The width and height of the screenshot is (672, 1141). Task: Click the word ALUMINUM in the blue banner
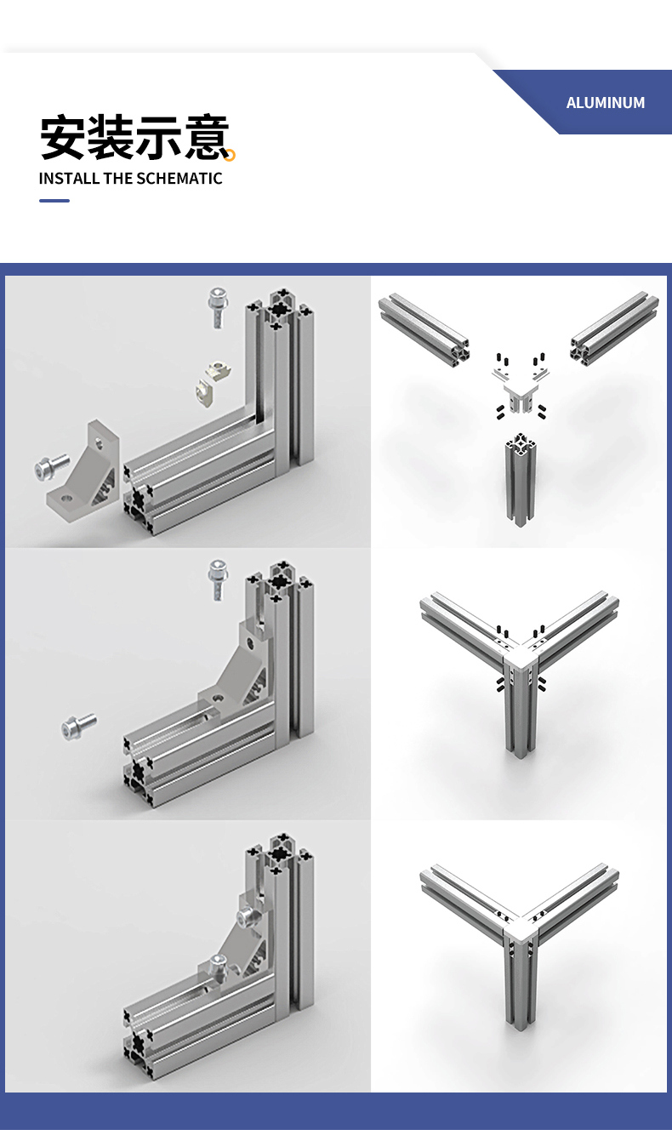pos(606,102)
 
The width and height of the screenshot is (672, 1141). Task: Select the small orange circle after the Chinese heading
pos(230,154)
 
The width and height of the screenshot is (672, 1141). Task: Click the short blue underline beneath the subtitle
pos(54,201)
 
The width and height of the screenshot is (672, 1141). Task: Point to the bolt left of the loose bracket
pos(51,466)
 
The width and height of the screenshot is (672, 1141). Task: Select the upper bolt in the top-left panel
pos(218,306)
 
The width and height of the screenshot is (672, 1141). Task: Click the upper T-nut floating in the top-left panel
pos(219,369)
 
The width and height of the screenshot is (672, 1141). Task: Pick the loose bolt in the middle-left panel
pos(79,726)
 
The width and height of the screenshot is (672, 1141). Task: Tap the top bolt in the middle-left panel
pos(218,579)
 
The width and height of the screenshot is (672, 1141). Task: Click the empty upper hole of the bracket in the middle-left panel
pos(251,641)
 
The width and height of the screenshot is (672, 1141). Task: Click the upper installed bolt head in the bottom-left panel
pos(247,916)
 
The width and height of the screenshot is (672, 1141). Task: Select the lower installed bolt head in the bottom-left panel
pos(219,961)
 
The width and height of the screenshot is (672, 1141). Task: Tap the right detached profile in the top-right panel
pos(614,327)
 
